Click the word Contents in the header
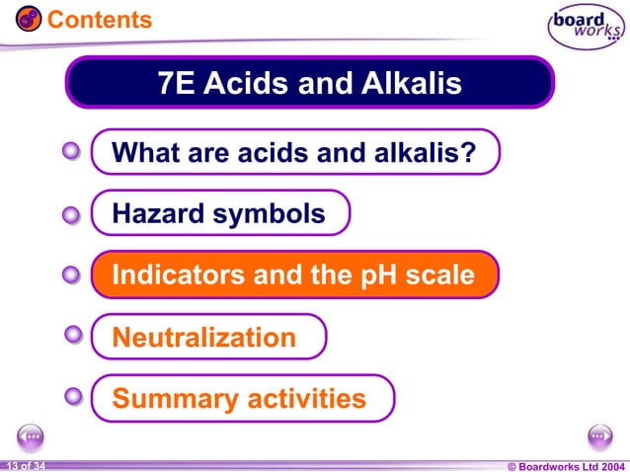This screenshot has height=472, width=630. [100, 19]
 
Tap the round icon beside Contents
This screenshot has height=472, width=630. [28, 19]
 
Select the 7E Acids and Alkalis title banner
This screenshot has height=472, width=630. [310, 83]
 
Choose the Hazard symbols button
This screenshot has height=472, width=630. [220, 213]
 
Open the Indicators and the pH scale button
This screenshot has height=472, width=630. [294, 275]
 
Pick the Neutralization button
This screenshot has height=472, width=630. [207, 338]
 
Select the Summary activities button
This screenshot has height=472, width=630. [241, 399]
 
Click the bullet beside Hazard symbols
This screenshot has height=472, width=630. [71, 214]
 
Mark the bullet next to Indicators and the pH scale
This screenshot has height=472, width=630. [71, 275]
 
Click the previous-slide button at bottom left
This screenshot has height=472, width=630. [31, 434]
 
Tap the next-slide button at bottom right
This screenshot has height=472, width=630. [599, 434]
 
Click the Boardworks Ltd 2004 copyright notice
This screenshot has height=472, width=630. [565, 465]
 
